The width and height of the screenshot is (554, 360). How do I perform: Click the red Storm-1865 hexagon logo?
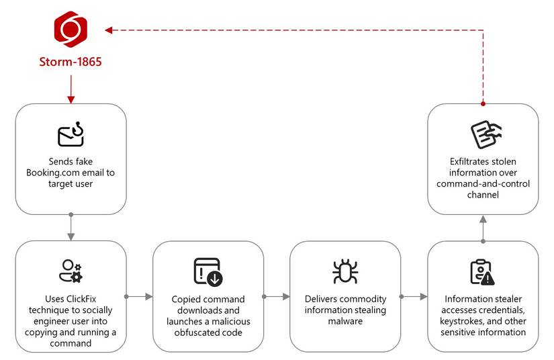pyautogui.click(x=71, y=30)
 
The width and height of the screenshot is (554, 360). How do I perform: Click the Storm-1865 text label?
pyautogui.click(x=71, y=62)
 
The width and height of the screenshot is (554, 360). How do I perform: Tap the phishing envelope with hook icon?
pyautogui.click(x=71, y=134)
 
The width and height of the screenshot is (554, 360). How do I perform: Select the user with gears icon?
pyautogui.click(x=71, y=271)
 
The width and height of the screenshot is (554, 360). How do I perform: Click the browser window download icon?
pyautogui.click(x=208, y=271)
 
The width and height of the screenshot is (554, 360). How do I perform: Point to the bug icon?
pyautogui.click(x=345, y=271)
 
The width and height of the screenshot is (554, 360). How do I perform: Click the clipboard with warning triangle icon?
pyautogui.click(x=483, y=272)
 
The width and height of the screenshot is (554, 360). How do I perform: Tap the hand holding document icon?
pyautogui.click(x=486, y=134)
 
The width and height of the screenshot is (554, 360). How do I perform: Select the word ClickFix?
pyautogui.click(x=81, y=299)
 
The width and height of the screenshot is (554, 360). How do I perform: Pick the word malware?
pyautogui.click(x=345, y=321)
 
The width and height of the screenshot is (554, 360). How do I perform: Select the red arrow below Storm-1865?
pyautogui.click(x=71, y=89)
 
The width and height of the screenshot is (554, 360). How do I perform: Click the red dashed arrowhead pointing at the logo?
pyautogui.click(x=109, y=30)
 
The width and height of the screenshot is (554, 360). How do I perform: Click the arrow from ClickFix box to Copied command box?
pyautogui.click(x=139, y=296)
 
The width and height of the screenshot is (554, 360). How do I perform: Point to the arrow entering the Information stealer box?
pyautogui.click(x=414, y=296)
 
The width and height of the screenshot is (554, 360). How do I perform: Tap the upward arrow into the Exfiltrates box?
pyautogui.click(x=483, y=229)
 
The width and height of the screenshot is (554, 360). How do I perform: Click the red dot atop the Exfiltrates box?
pyautogui.click(x=483, y=104)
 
